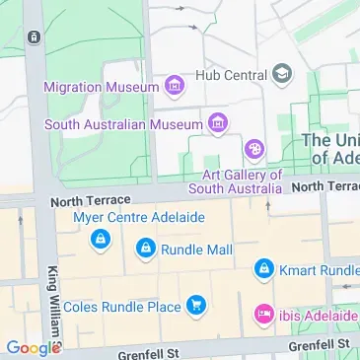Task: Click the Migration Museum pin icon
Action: point(175,86)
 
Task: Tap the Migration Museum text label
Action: point(102,87)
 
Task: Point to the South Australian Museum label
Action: point(122,125)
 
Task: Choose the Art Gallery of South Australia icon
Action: point(254,150)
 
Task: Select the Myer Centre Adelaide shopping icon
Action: point(100,240)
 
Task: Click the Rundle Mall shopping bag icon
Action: point(146,249)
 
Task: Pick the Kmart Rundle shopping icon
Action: point(263,268)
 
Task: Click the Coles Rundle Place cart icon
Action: point(195,307)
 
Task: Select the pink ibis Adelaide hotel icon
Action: point(263,315)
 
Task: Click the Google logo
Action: point(32,347)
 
